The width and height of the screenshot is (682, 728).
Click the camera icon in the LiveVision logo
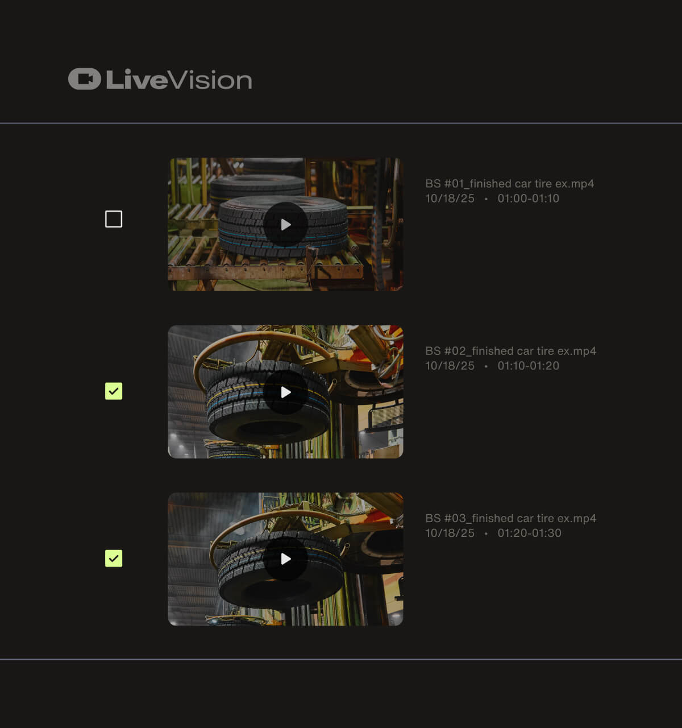[85, 79]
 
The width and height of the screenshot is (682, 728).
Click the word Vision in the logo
[211, 80]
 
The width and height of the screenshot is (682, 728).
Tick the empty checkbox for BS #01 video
[114, 219]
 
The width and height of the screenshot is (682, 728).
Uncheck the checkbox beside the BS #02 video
[114, 391]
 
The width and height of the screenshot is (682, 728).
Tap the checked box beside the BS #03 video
[114, 559]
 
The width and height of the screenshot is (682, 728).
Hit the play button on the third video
[286, 559]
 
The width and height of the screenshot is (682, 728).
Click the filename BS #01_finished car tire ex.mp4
[509, 184]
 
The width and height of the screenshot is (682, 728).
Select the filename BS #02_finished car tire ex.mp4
[510, 351]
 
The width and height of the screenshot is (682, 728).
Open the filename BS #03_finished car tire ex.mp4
[510, 518]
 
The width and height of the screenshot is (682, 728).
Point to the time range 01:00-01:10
[528, 198]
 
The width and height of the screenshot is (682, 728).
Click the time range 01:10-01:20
[528, 366]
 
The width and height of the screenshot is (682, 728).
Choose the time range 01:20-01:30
[529, 533]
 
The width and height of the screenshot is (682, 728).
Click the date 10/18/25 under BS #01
[450, 198]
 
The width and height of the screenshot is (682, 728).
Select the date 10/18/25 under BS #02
[450, 366]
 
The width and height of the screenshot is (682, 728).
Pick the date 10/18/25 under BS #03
[450, 533]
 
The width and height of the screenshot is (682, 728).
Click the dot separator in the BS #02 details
[486, 366]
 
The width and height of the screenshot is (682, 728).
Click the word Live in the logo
[136, 80]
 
